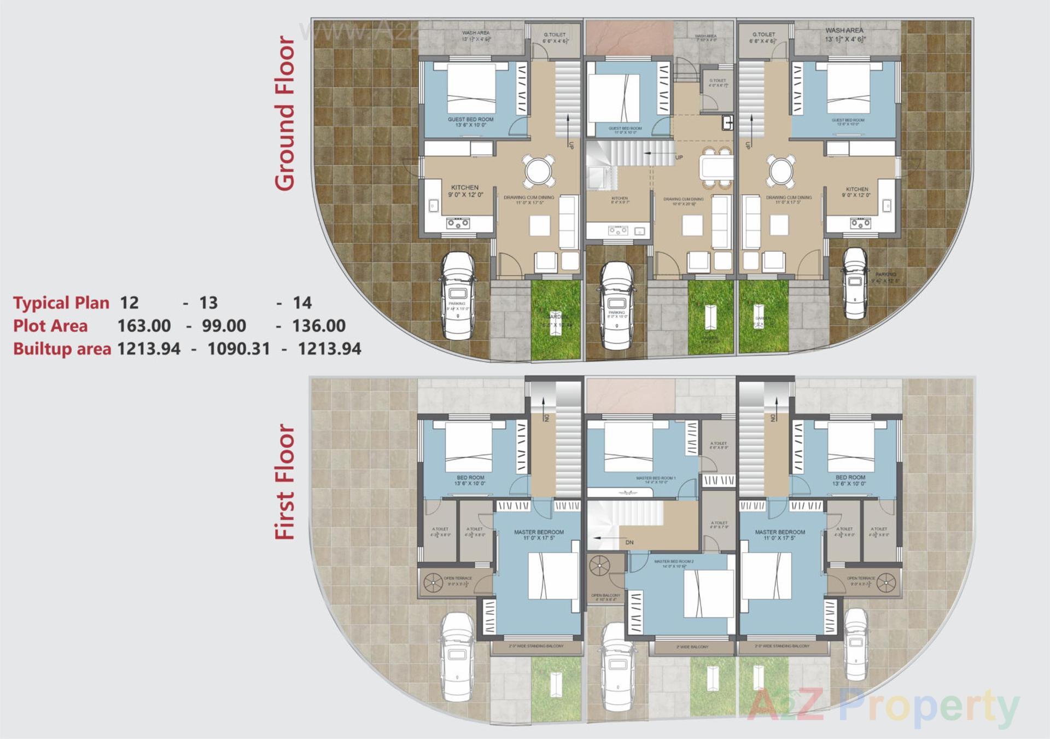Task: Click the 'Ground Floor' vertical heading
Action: click(285, 113)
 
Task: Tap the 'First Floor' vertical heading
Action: click(285, 482)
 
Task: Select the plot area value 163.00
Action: click(144, 326)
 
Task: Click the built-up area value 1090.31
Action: click(238, 349)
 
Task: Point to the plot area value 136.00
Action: click(318, 326)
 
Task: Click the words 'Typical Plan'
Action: click(61, 303)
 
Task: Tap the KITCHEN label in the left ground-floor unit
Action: click(465, 188)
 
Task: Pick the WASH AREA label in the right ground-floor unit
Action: click(844, 31)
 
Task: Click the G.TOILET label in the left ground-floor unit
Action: click(555, 34)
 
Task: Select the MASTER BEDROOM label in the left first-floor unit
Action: click(539, 532)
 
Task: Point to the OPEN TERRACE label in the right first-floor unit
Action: click(861, 578)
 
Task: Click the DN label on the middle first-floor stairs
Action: click(629, 543)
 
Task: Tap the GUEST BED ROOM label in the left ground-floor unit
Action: click(470, 119)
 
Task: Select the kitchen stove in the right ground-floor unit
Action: click(860, 223)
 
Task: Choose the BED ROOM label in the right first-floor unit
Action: click(850, 478)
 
